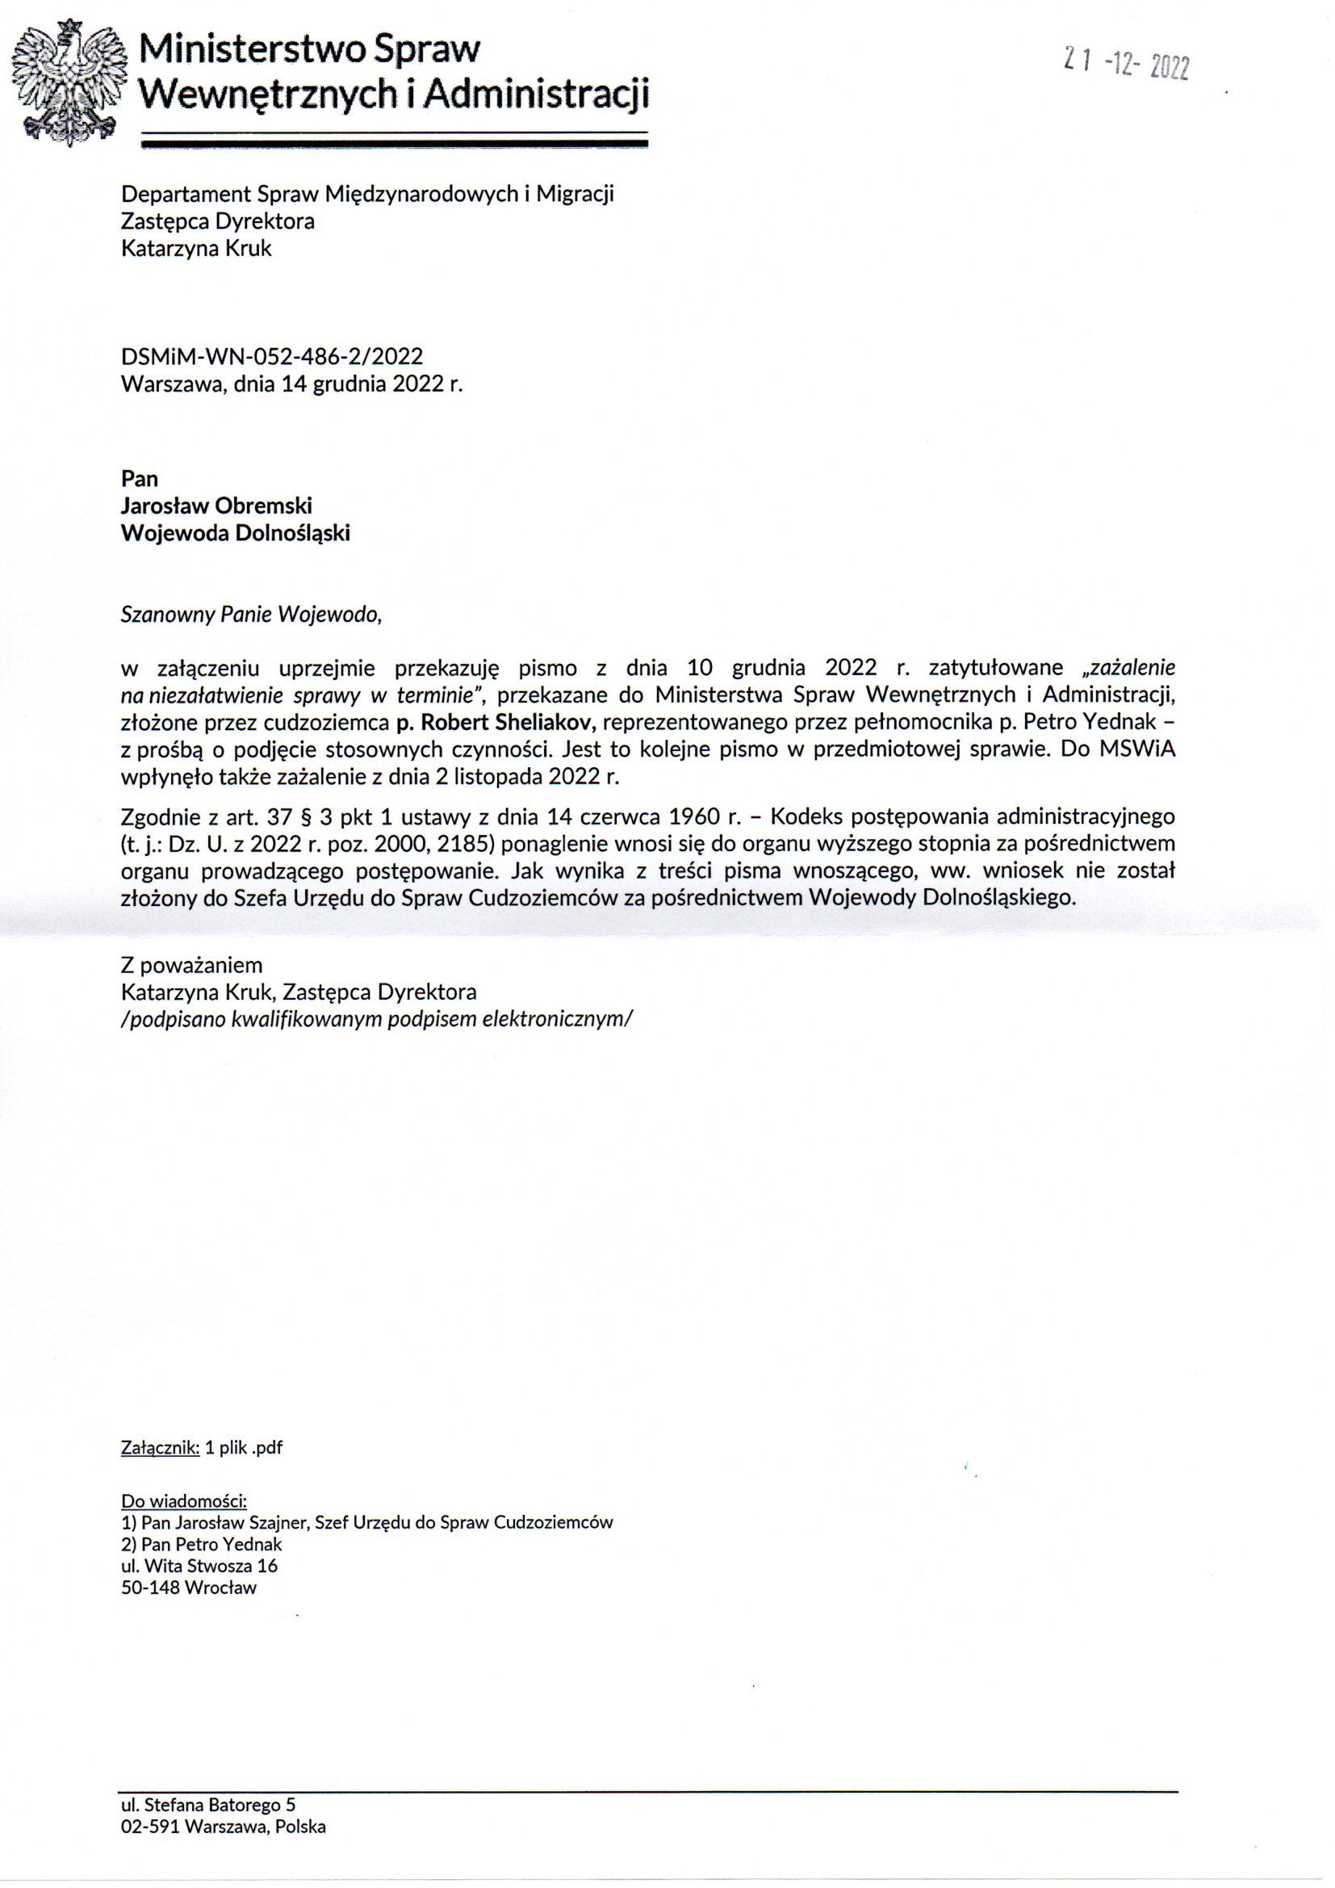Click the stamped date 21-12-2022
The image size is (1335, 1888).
1125,63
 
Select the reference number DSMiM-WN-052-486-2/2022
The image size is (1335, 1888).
271,356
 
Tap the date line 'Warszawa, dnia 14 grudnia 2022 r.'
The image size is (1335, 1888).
292,384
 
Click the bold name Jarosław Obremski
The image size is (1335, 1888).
216,506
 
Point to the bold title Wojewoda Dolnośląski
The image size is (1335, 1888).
235,533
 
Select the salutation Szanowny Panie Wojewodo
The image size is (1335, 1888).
252,615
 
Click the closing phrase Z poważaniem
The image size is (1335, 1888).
191,964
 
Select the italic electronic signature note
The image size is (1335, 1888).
377,1019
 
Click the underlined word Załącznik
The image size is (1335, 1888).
161,1448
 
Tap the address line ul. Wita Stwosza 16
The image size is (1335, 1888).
199,1566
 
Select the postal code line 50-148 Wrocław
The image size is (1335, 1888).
189,1588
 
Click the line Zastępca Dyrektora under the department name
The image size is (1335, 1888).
218,221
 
